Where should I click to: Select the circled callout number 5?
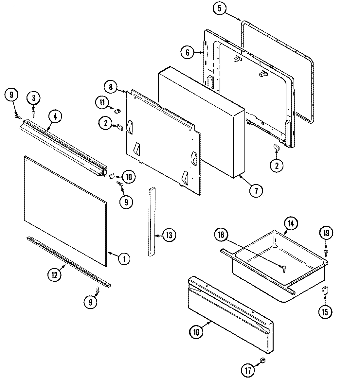219,9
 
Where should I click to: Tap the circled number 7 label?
256,191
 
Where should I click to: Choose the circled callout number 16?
196,332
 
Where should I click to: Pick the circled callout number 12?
55,275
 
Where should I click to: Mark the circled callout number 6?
187,53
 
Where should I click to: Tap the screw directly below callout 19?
326,252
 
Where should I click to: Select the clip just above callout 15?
325,290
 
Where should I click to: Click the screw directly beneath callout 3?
33,113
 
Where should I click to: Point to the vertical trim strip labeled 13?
152,222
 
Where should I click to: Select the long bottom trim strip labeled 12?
69,261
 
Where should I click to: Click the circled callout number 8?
111,87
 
